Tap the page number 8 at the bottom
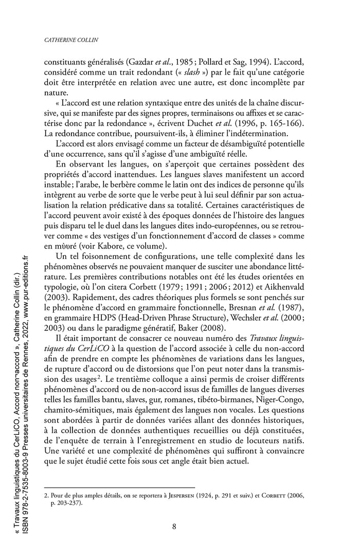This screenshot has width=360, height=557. (175, 526)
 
